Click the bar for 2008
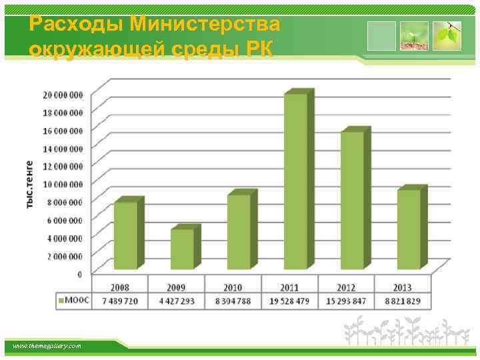126,235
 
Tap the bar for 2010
239,231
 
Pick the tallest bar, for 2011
295,181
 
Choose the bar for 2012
352,200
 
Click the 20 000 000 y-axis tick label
63,94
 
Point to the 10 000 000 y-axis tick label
63,184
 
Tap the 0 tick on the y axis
80,274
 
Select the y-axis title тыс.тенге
30,184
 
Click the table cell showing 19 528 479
289,301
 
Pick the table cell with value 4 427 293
176,301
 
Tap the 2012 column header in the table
346,287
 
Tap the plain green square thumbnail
381,36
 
